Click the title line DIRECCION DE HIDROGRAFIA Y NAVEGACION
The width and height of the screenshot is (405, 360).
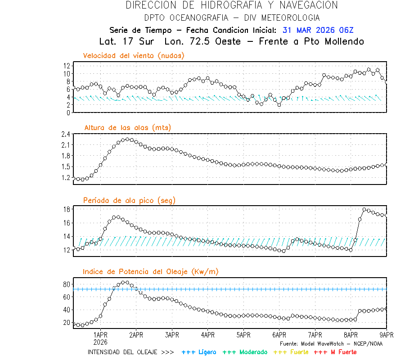232,5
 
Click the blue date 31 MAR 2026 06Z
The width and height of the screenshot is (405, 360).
318,31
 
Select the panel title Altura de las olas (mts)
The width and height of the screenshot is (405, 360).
128,128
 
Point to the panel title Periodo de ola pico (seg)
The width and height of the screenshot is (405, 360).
129,200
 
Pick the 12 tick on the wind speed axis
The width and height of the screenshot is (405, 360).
66,66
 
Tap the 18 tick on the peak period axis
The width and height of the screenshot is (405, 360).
66,209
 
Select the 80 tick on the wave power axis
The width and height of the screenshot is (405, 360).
66,284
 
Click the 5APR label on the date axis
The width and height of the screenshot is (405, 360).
243,335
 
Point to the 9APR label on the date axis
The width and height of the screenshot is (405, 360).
387,335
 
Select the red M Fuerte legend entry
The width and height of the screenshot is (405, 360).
335,352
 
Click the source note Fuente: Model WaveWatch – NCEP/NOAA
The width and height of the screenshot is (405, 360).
331,344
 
